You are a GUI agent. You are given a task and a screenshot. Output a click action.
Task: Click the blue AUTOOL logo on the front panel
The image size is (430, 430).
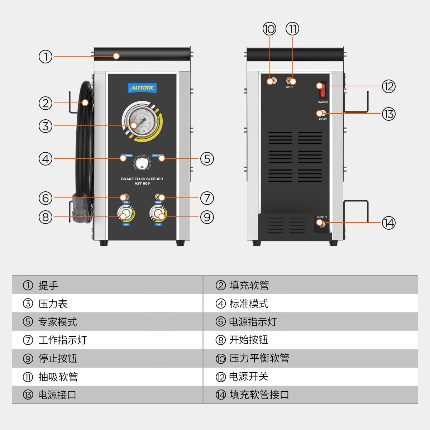(142, 88)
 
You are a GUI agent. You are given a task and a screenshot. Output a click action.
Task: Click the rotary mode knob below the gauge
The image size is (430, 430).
(142, 163)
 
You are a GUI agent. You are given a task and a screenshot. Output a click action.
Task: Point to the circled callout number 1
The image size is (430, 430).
(46, 56)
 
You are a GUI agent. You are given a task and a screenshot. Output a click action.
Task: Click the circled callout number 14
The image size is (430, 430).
(388, 223)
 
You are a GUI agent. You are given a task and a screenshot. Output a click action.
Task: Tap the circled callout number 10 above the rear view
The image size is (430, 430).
(269, 29)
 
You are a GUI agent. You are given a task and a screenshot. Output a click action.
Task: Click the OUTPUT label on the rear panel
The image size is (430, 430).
(322, 217)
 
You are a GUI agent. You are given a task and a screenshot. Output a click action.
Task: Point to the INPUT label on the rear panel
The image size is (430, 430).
(289, 87)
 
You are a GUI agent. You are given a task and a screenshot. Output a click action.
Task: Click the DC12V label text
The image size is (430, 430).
(322, 119)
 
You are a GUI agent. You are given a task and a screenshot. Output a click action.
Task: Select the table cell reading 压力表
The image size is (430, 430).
(53, 304)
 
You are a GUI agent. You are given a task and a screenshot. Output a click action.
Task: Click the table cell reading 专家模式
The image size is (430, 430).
(57, 322)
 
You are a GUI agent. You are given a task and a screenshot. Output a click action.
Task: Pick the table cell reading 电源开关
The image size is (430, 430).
(248, 377)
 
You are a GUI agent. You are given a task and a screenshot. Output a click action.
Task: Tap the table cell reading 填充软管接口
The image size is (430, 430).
(259, 395)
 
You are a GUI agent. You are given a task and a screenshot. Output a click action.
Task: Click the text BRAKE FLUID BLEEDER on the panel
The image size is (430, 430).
(142, 179)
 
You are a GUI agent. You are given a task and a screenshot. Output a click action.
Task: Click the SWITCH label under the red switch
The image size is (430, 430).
(322, 102)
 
